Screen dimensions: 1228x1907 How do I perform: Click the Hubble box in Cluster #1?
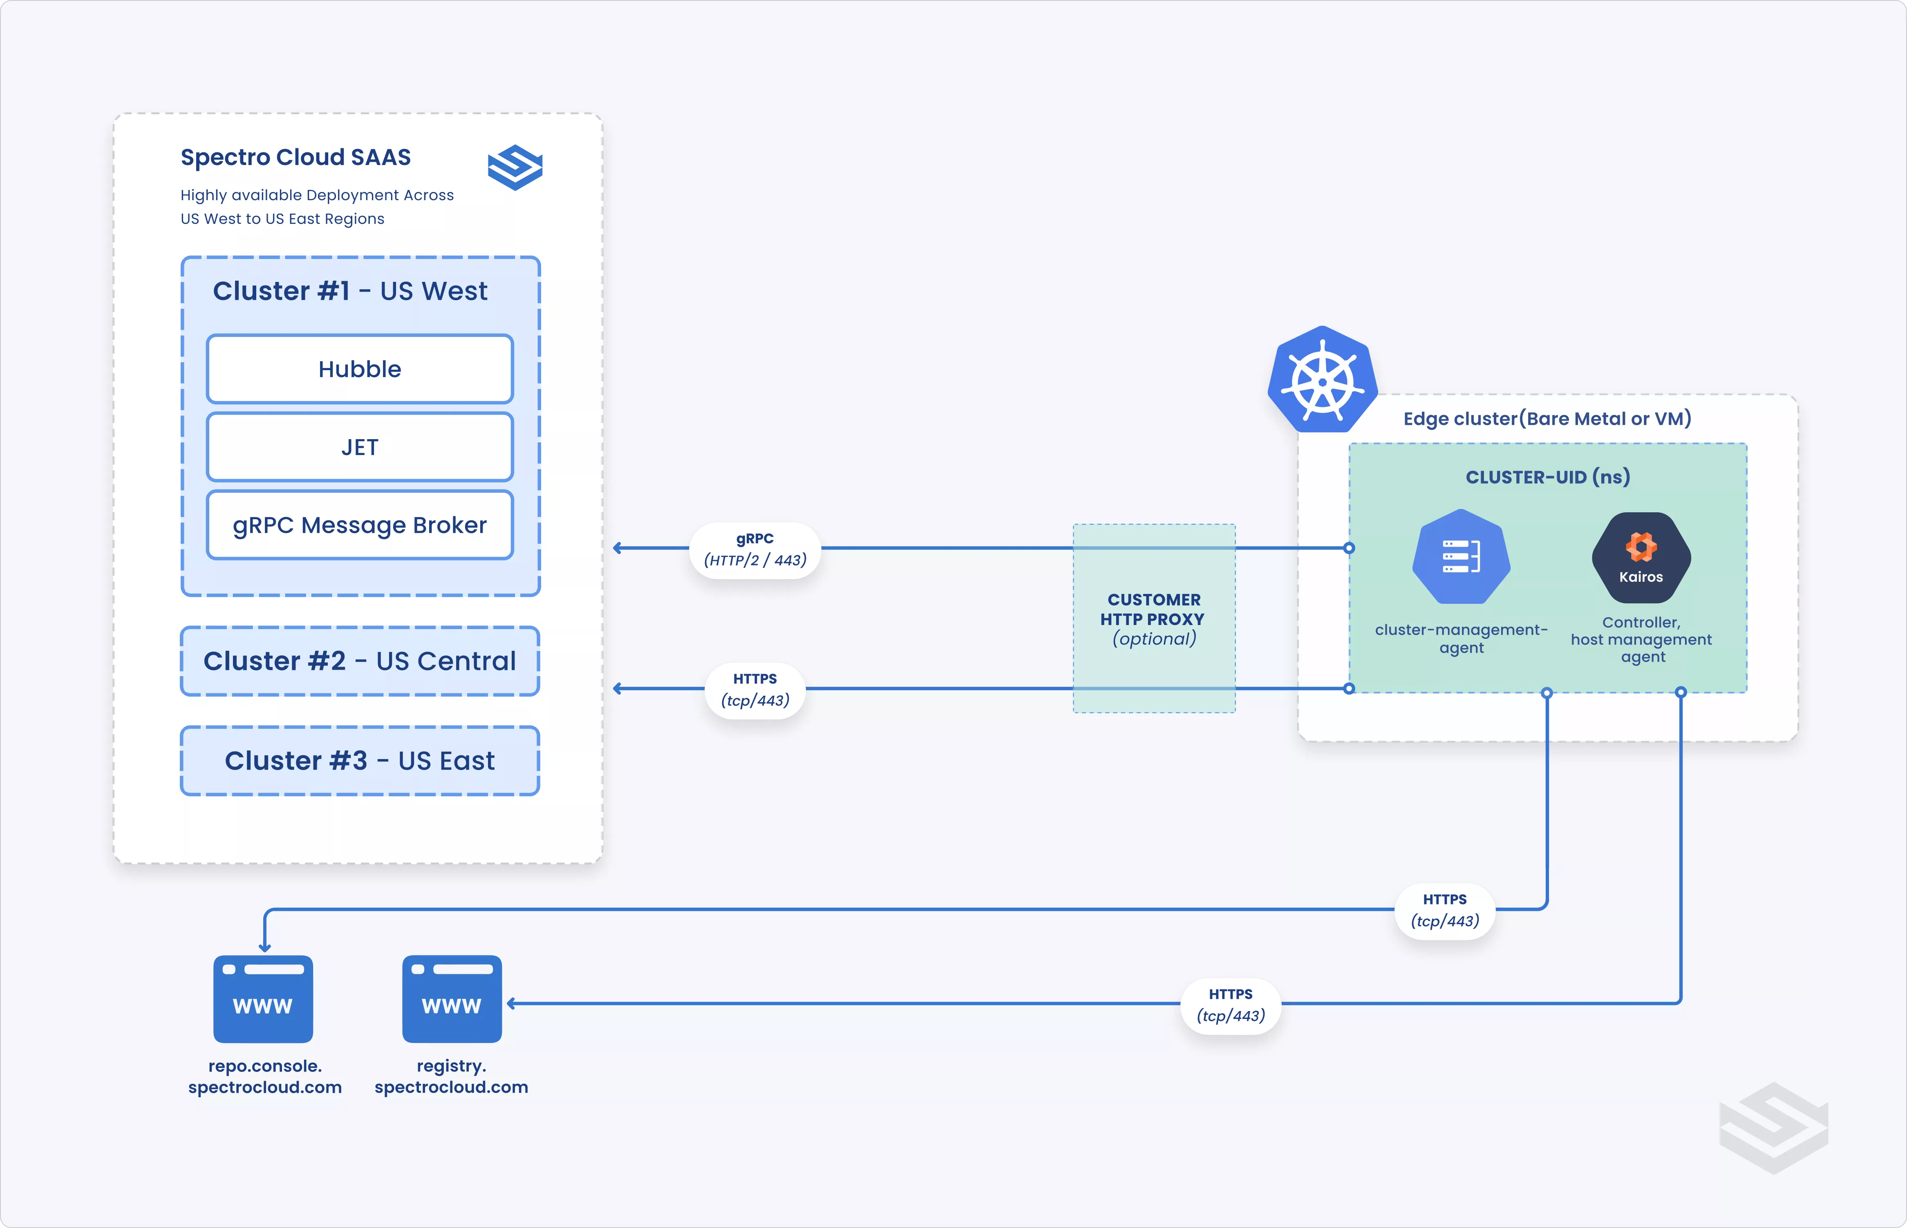pyautogui.click(x=360, y=369)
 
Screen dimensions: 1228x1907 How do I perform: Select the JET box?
pyautogui.click(x=360, y=447)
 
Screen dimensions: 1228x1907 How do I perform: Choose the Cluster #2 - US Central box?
pyautogui.click(x=360, y=661)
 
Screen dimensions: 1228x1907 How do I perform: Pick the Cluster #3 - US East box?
pyautogui.click(x=360, y=761)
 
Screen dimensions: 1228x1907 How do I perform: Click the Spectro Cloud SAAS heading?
pyautogui.click(x=296, y=157)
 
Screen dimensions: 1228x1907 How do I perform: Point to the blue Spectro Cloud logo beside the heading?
pyautogui.click(x=515, y=167)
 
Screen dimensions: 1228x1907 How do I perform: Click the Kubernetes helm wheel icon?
pyautogui.click(x=1323, y=381)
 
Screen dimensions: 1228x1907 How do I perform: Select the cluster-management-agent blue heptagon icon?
pyautogui.click(x=1461, y=556)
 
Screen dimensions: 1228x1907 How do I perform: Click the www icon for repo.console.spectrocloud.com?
pyautogui.click(x=263, y=999)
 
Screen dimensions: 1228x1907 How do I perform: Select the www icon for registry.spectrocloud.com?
pyautogui.click(x=452, y=999)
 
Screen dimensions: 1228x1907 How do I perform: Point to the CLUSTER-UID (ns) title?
pyautogui.click(x=1547, y=477)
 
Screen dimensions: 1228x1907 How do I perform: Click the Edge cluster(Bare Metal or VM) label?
pyautogui.click(x=1547, y=419)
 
